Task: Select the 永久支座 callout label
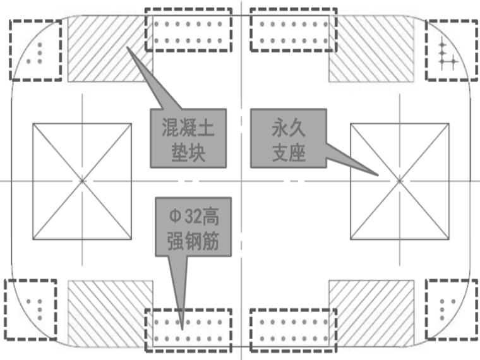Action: (289, 138)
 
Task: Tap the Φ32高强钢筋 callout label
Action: (188, 225)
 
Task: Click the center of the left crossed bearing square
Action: (82, 181)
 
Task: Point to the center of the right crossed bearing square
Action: (399, 181)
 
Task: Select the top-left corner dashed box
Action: (35, 50)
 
